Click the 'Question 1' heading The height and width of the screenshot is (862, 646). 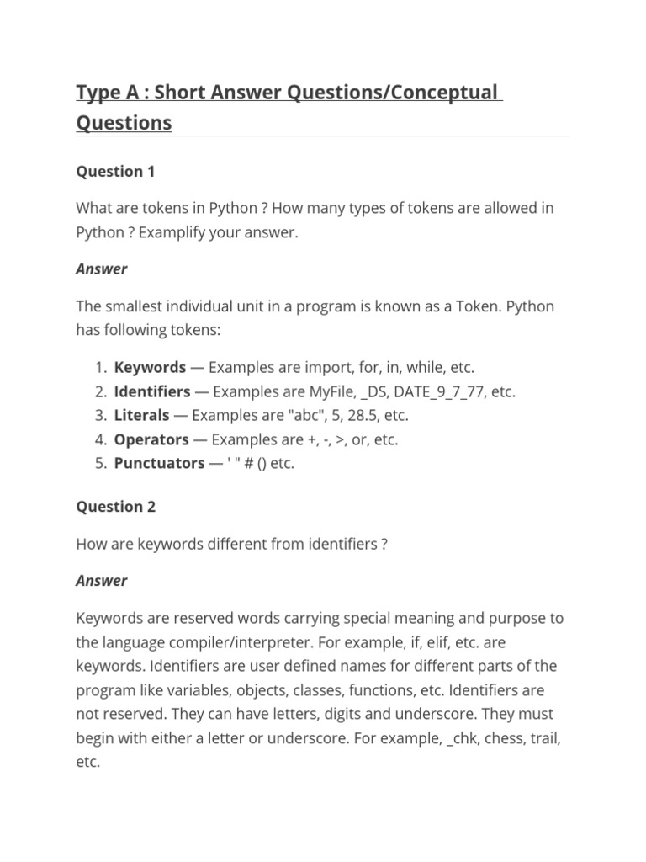coord(115,172)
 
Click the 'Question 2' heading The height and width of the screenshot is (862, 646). coord(115,507)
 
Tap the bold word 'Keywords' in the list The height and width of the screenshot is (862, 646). coord(150,368)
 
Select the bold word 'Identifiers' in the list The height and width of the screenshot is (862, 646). coord(152,391)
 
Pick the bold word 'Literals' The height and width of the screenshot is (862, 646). coord(141,416)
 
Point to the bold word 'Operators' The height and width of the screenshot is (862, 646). coord(151,439)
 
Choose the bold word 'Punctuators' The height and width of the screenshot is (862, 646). coord(159,463)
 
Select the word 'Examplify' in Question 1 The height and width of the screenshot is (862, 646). coord(171,232)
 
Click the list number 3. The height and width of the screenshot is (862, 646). coord(99,416)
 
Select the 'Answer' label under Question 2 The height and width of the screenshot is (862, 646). coord(102,581)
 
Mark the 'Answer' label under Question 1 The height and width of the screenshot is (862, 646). coord(102,269)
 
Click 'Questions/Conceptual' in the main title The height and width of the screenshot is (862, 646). coord(392,93)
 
